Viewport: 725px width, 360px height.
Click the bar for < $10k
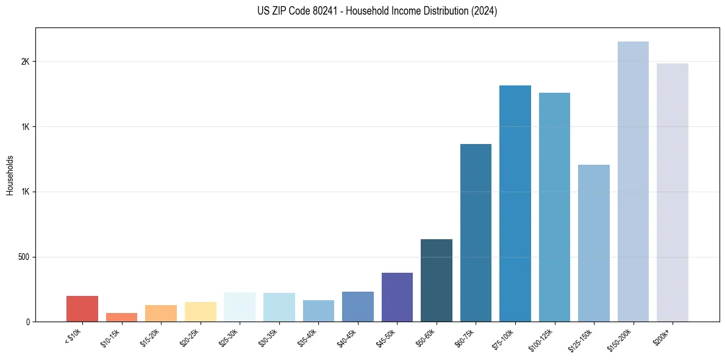(82, 309)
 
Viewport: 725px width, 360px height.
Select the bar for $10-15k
(121, 317)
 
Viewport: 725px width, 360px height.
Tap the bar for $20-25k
(201, 312)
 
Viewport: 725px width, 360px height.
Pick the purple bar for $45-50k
(397, 297)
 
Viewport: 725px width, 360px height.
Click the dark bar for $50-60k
(437, 281)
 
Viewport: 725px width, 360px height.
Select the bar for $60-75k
(476, 233)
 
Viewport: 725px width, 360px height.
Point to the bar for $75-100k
(515, 204)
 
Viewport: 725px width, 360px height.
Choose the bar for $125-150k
(594, 243)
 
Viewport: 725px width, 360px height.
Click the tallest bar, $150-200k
(633, 182)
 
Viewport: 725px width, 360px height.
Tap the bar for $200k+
(673, 193)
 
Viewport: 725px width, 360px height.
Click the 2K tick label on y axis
(24, 62)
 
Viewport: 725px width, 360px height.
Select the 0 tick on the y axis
(27, 322)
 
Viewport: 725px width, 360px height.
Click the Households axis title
(10, 175)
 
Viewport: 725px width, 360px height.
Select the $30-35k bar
(279, 308)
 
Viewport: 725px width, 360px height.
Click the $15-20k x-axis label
(152, 337)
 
